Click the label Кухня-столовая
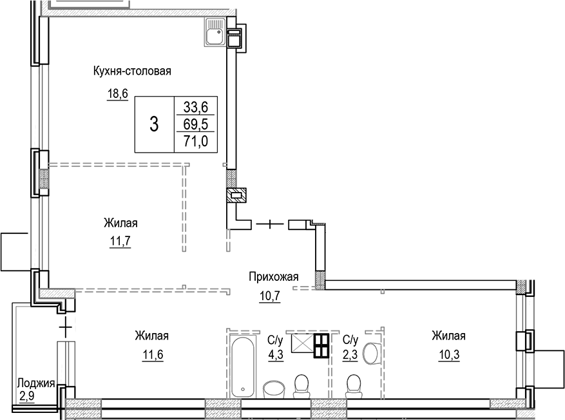pos(131,72)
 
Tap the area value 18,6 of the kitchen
pos(117,94)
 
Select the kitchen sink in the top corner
pos(215,32)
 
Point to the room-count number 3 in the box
pos(153,124)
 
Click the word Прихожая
pos(274,277)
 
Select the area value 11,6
pos(151,356)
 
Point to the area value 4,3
pos(274,356)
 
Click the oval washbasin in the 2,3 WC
pos(370,353)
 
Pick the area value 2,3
pos(350,356)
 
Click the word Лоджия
pos(36,382)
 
